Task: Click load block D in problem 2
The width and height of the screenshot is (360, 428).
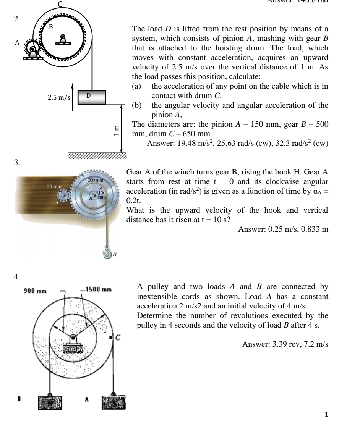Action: (x=92, y=97)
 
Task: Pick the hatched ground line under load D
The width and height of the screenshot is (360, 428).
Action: (x=97, y=156)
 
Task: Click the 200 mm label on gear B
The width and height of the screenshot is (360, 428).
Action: (x=96, y=180)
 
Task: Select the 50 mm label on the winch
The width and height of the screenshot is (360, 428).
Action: (x=54, y=187)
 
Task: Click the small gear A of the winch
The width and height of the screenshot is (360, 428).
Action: (x=62, y=196)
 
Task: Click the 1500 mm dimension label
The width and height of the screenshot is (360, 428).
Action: (x=99, y=290)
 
